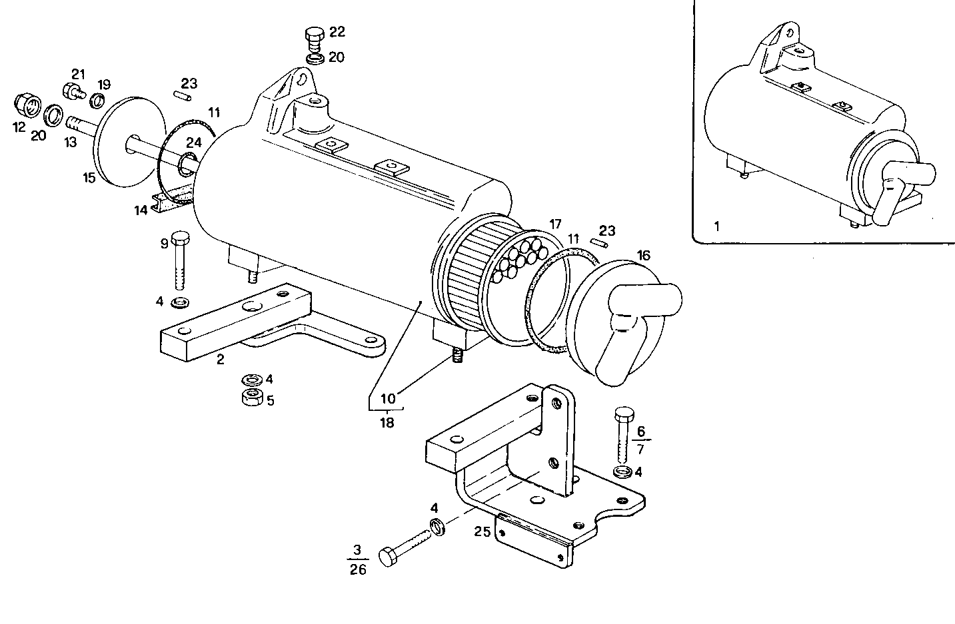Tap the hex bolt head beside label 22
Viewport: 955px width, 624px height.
313,35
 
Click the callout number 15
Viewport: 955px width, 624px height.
89,178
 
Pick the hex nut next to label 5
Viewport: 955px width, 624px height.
251,399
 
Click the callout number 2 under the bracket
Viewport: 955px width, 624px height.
220,360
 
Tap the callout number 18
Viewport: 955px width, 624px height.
387,422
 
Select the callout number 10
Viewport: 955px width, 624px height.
388,399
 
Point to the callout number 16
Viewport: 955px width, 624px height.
643,255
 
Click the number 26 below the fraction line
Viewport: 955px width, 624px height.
358,570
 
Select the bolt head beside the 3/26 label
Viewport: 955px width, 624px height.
389,557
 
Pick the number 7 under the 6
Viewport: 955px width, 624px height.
641,451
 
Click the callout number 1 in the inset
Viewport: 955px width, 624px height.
716,226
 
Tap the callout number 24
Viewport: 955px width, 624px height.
193,142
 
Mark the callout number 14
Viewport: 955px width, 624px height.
140,210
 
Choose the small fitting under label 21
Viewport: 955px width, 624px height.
71,90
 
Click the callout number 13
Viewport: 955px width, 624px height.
71,142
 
